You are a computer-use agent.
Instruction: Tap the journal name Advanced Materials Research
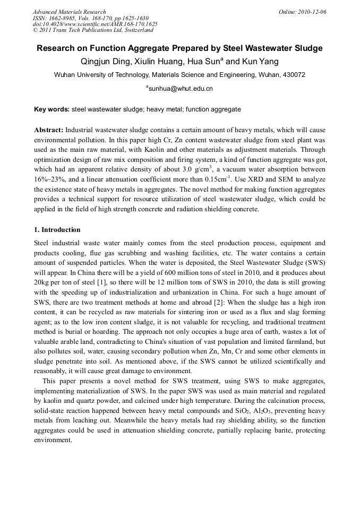pyautogui.click(x=69, y=12)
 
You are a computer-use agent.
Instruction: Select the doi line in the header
pyautogui.click(x=95, y=24)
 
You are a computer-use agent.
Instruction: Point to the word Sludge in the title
pyautogui.click(x=307, y=48)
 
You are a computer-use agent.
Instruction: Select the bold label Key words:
pyautogui.click(x=52, y=109)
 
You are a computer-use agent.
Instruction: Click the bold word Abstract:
pyautogui.click(x=49, y=130)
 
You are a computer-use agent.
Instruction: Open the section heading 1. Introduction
pyautogui.click(x=57, y=230)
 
